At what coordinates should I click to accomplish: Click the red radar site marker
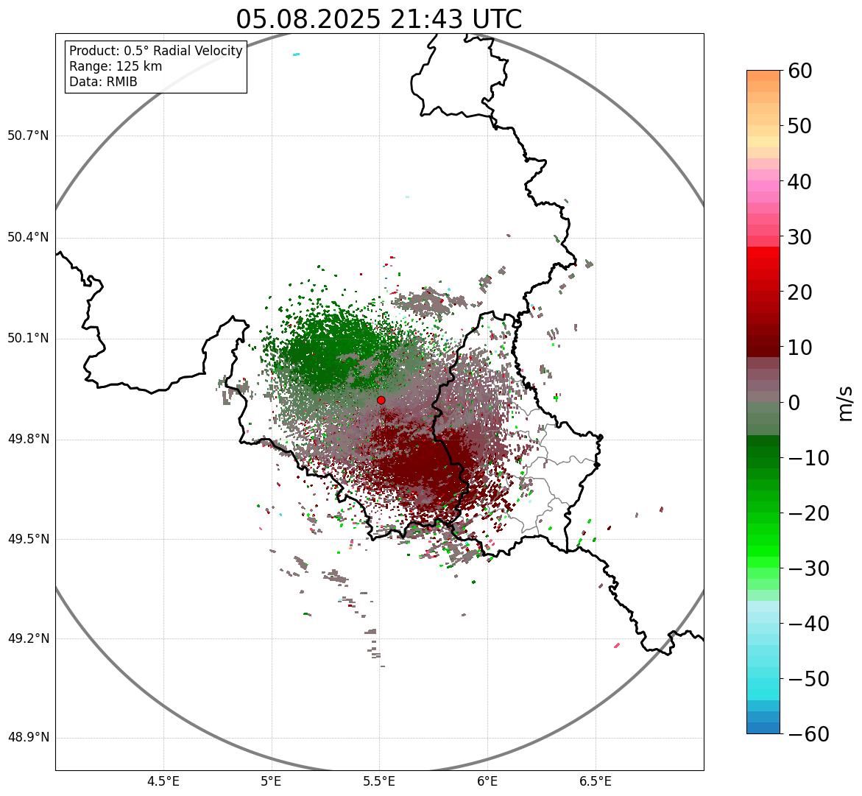381,400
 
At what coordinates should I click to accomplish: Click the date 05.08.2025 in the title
308,20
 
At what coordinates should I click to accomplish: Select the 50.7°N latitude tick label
28,135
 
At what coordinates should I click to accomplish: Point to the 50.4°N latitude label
28,238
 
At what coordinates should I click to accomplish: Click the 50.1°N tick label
28,338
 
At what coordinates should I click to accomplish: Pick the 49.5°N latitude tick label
28,538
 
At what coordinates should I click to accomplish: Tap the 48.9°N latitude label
28,737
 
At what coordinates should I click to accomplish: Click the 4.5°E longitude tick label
164,782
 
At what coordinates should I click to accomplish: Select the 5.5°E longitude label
379,782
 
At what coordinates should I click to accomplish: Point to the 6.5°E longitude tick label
596,782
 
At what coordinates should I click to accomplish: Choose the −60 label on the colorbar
809,734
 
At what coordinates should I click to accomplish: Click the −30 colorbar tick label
809,568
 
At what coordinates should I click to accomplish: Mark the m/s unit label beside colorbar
847,404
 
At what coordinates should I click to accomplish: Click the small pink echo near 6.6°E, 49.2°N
617,645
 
